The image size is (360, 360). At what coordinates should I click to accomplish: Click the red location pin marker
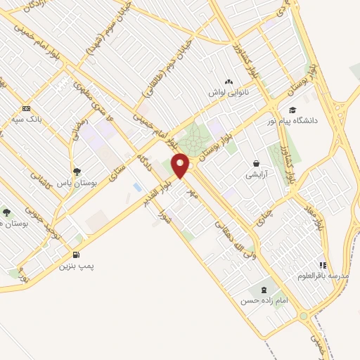(x=181, y=165)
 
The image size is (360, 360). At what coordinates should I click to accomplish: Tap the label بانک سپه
(x=30, y=120)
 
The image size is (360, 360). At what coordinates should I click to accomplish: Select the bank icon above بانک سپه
(x=27, y=108)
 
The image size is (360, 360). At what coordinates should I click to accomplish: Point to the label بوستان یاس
(x=78, y=181)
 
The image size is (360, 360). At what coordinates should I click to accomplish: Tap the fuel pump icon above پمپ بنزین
(x=76, y=255)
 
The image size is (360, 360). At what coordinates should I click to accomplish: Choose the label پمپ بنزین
(x=76, y=266)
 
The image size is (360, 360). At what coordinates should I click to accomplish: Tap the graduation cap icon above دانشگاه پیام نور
(x=292, y=110)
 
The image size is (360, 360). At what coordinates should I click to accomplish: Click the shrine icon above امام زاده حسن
(x=264, y=290)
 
